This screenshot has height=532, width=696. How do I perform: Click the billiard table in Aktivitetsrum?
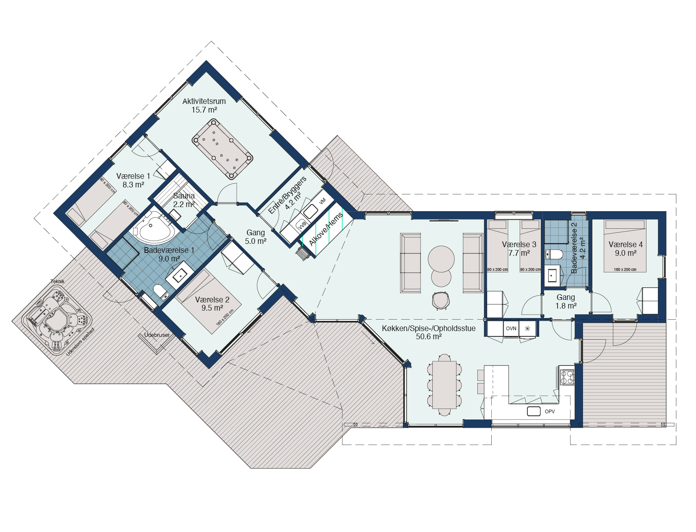(222, 149)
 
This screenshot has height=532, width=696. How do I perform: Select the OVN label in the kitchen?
(511, 328)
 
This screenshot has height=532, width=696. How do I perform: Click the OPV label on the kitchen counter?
(550, 411)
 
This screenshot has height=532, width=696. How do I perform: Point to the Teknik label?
(57, 281)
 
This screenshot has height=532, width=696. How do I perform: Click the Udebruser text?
(157, 335)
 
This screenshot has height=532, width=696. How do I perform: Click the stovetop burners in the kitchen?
(567, 377)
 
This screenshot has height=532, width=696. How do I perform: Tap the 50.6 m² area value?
(429, 336)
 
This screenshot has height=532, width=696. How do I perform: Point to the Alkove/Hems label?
(326, 230)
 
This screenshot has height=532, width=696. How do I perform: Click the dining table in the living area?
(445, 385)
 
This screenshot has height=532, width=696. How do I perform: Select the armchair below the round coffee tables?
(441, 300)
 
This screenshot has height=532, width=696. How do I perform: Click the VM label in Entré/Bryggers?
(322, 201)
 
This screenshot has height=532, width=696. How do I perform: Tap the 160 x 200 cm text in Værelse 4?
(625, 269)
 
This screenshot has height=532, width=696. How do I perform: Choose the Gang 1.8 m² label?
(566, 302)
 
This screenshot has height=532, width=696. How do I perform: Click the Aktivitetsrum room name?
(204, 101)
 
